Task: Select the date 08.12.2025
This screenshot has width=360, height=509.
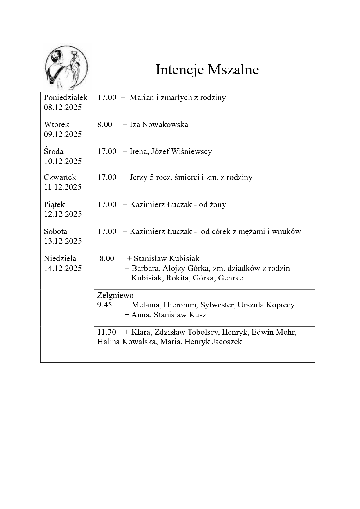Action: pos(63,107)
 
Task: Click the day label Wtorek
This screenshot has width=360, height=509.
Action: pos(57,124)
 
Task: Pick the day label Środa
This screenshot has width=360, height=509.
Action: pos(54,151)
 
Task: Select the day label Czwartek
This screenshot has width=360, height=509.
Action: pos(60,177)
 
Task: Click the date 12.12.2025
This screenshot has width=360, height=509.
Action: pos(63,214)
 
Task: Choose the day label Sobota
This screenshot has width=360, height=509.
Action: pos(55,231)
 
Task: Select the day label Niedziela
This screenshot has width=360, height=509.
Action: pos(60,258)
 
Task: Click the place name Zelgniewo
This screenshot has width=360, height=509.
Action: pos(115,295)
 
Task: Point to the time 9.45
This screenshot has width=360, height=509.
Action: pos(104,305)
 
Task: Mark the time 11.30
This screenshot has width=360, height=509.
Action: pos(106,332)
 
